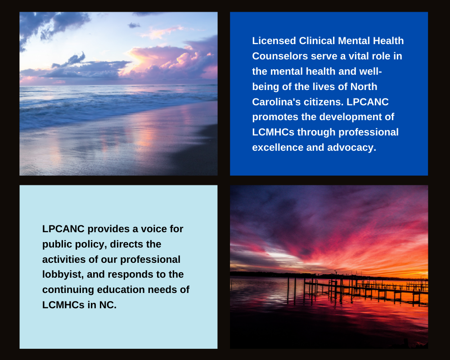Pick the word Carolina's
pyautogui.click(x=276, y=102)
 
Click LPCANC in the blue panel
pyautogui.click(x=368, y=102)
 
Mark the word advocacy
pyautogui.click(x=351, y=148)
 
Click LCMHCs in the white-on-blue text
pyautogui.click(x=273, y=132)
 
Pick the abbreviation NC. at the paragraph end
pyautogui.click(x=108, y=305)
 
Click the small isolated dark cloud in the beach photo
pyautogui.click(x=134, y=25)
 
